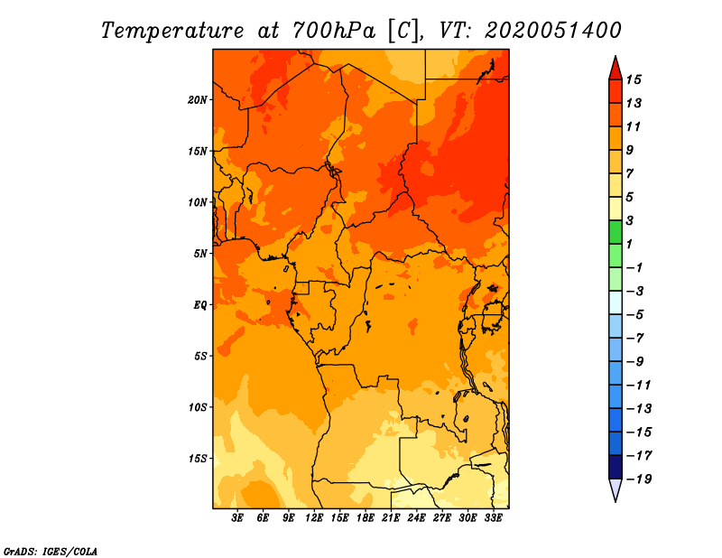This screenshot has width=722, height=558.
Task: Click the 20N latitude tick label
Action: click(197, 100)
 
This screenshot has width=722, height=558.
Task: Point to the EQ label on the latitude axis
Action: click(199, 305)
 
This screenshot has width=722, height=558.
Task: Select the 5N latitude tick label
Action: click(200, 254)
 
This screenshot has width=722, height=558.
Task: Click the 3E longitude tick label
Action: click(237, 517)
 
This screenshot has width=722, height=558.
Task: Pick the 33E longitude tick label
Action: click(493, 517)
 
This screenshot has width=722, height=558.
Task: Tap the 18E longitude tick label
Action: click(366, 517)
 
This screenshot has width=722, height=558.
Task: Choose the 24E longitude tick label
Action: click(416, 517)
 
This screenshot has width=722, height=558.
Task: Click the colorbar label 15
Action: click(634, 79)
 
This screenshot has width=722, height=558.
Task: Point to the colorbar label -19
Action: click(639, 479)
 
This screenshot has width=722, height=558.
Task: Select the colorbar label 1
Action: click(629, 244)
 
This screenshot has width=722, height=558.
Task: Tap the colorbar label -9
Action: click(635, 362)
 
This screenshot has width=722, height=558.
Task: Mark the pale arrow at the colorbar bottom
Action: click(616, 488)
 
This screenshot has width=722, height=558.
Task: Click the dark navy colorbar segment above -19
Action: click(616, 467)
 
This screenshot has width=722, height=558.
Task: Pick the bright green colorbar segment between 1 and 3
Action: click(616, 232)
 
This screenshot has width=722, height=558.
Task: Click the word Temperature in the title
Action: click(171, 31)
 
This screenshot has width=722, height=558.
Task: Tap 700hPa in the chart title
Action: click(334, 31)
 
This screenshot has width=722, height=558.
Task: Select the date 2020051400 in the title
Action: click(552, 31)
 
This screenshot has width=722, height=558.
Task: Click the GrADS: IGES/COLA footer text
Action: click(51, 552)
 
